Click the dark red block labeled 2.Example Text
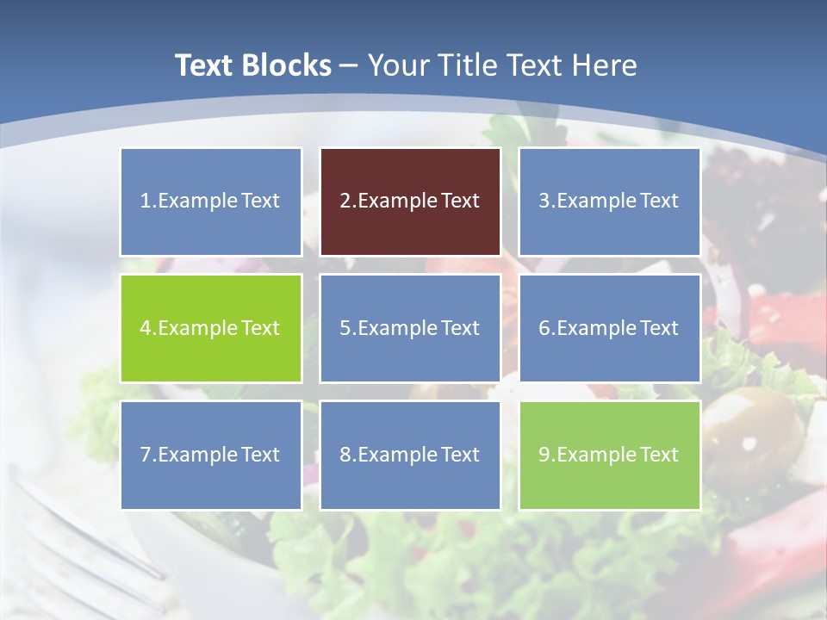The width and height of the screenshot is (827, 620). pyautogui.click(x=410, y=201)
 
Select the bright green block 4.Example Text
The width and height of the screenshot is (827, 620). pyautogui.click(x=211, y=328)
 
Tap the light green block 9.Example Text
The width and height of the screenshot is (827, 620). pyautogui.click(x=609, y=455)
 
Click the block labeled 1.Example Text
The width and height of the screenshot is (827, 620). pyautogui.click(x=211, y=201)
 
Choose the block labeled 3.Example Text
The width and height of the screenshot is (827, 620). pyautogui.click(x=609, y=201)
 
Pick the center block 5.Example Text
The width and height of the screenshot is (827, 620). pyautogui.click(x=410, y=328)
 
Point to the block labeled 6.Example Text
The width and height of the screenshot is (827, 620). pyautogui.click(x=609, y=328)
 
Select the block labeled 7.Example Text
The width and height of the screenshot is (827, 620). pyautogui.click(x=211, y=455)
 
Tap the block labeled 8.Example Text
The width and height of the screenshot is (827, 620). pyautogui.click(x=410, y=455)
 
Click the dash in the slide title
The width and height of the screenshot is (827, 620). pyautogui.click(x=350, y=65)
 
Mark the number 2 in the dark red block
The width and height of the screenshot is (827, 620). pyautogui.click(x=345, y=201)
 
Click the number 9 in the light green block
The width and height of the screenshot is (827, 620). pyautogui.click(x=544, y=455)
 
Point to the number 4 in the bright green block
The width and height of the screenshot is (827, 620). pyautogui.click(x=146, y=328)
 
